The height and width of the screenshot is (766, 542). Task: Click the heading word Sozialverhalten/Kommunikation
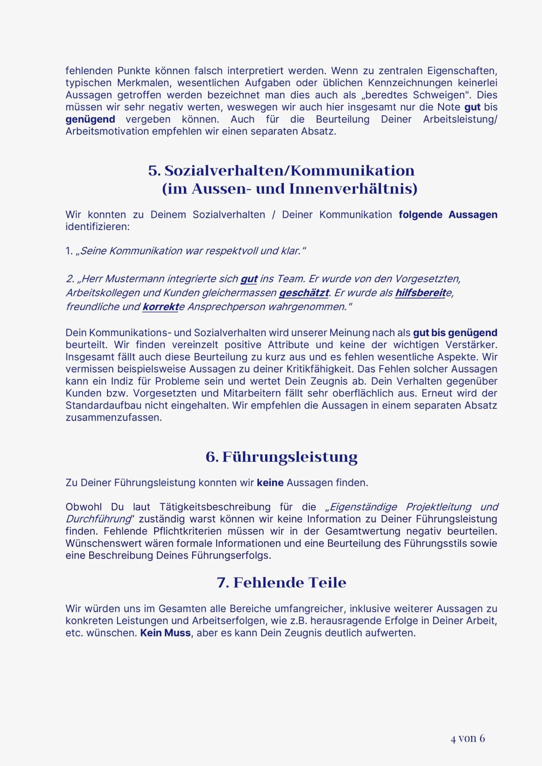tap(290, 171)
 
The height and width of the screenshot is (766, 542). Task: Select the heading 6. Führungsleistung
tap(282, 457)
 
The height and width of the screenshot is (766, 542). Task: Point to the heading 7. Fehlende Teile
tap(282, 583)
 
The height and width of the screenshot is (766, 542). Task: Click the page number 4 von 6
tap(468, 738)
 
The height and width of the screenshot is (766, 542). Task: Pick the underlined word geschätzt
tap(304, 293)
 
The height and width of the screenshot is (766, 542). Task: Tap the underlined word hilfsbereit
tap(420, 293)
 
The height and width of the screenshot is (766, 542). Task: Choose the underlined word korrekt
tap(160, 307)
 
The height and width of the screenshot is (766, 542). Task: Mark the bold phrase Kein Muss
tap(165, 633)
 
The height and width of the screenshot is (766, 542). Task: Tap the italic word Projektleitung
tap(438, 507)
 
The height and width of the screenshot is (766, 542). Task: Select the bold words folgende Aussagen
tap(448, 215)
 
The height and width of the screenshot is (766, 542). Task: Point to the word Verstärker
tap(471, 345)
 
